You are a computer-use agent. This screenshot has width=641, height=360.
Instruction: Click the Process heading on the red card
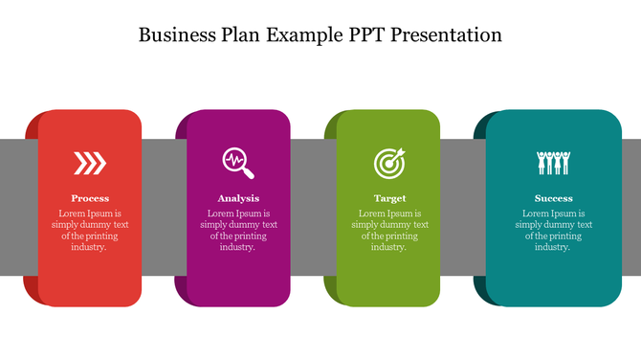pyautogui.click(x=90, y=198)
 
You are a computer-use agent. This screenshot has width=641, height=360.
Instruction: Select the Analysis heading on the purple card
pyautogui.click(x=239, y=198)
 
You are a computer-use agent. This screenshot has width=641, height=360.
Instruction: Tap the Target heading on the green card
pyautogui.click(x=389, y=198)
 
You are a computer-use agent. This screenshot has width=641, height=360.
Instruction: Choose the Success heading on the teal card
pyautogui.click(x=554, y=198)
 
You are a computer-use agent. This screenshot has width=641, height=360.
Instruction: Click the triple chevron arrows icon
pyautogui.click(x=90, y=164)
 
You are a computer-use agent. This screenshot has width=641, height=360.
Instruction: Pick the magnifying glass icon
pyautogui.click(x=239, y=163)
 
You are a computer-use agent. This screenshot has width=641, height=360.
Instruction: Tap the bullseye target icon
pyautogui.click(x=389, y=163)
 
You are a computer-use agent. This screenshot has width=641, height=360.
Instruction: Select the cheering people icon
pyautogui.click(x=554, y=163)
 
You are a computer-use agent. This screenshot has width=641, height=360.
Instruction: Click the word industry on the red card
pyautogui.click(x=88, y=247)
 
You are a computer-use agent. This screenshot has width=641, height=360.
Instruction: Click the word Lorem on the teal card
pyautogui.click(x=536, y=214)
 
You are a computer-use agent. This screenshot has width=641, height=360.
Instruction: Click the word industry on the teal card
pyautogui.click(x=552, y=247)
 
